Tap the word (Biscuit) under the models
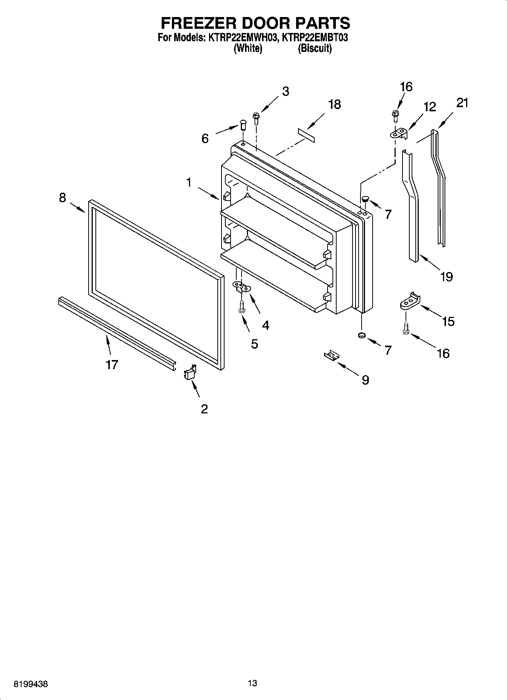pyautogui.click(x=315, y=48)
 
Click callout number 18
pyautogui.click(x=334, y=104)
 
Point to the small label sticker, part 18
pyautogui.click(x=306, y=135)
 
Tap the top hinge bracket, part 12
pyautogui.click(x=399, y=134)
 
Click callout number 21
pyautogui.click(x=462, y=102)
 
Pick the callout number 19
pyautogui.click(x=447, y=277)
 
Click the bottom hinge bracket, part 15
pyautogui.click(x=410, y=301)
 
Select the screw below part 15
pyautogui.click(x=406, y=327)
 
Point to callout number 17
pyautogui.click(x=112, y=365)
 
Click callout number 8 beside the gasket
pyautogui.click(x=62, y=197)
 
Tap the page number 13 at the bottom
pyautogui.click(x=253, y=683)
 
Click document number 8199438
pyautogui.click(x=31, y=684)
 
